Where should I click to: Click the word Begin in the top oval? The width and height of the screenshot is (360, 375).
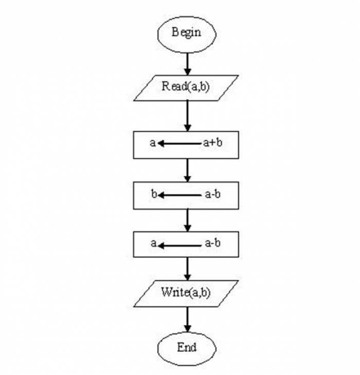click(186, 32)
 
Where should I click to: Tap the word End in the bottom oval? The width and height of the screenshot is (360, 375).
click(187, 347)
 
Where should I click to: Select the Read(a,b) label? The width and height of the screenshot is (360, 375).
click(186, 86)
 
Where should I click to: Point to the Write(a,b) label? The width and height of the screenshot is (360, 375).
click(186, 292)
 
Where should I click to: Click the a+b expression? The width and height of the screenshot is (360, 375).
click(212, 143)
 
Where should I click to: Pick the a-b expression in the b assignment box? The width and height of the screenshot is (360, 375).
click(212, 194)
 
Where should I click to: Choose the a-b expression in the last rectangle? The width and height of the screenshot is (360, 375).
click(212, 243)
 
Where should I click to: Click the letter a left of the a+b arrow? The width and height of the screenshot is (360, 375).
click(153, 143)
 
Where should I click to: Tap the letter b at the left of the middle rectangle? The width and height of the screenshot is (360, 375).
click(154, 194)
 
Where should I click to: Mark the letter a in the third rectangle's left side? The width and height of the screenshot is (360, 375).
click(153, 243)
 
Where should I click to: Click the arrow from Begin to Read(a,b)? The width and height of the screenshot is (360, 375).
click(187, 64)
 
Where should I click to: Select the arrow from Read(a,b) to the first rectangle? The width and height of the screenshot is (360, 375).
click(187, 116)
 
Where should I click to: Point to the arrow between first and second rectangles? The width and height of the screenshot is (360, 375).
click(187, 170)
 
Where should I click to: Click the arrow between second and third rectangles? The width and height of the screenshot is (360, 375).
click(187, 220)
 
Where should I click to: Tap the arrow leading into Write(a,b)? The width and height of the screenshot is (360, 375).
click(187, 269)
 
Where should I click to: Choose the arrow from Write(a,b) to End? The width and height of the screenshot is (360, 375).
click(187, 320)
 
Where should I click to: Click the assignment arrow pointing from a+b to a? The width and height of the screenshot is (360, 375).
click(179, 143)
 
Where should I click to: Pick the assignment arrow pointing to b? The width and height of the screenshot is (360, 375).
click(179, 195)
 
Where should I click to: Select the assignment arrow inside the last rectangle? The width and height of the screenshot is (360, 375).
click(179, 246)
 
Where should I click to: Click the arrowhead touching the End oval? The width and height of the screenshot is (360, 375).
click(187, 329)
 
